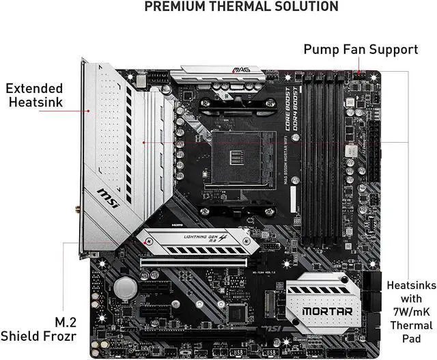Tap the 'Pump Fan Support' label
pyautogui.click(x=361, y=49)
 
